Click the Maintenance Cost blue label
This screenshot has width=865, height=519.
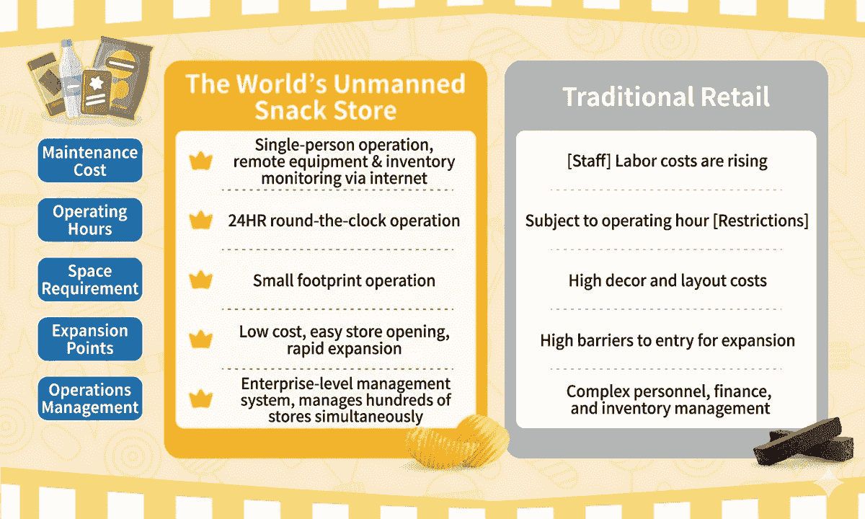tap(90, 160)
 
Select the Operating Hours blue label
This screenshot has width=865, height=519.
tap(90, 220)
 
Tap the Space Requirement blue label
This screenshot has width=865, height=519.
tap(90, 280)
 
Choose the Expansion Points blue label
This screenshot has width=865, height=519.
tap(90, 339)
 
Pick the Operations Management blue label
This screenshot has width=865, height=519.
tap(90, 399)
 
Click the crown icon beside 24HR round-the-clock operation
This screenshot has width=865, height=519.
tap(201, 220)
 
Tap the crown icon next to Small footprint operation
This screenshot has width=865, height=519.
tap(201, 280)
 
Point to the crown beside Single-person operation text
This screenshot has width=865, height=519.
tap(201, 161)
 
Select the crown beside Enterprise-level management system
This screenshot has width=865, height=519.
tap(201, 399)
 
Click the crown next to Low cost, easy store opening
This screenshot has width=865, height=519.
tap(201, 339)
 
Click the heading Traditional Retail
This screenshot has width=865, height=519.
tap(666, 97)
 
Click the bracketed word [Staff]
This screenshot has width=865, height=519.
tap(589, 161)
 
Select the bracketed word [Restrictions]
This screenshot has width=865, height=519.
tap(760, 221)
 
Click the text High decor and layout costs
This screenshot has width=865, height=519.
tap(667, 280)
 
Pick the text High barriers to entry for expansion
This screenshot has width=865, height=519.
tap(667, 340)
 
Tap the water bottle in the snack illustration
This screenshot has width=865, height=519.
tap(71, 79)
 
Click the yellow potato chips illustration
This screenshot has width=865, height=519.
tap(458, 441)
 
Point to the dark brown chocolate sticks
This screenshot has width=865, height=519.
tap(804, 443)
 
